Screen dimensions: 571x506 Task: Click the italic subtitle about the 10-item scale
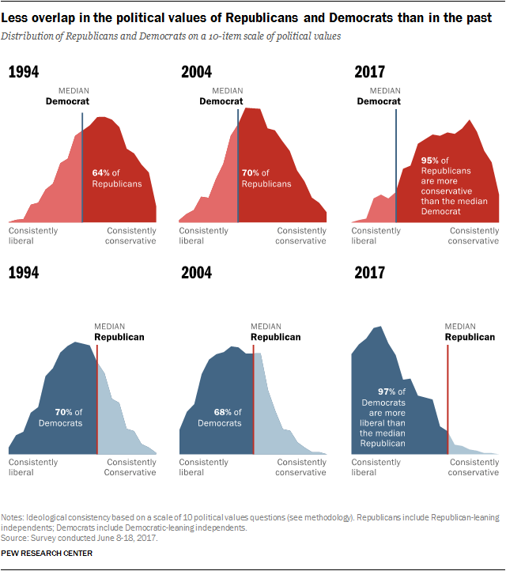point(174,36)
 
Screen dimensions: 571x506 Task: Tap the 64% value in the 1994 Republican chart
point(100,173)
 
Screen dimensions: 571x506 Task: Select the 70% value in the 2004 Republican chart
point(250,173)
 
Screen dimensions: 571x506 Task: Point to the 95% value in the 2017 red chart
point(430,160)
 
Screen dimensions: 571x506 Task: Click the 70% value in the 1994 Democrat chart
point(62,412)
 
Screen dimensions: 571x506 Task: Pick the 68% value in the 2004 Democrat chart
point(222,412)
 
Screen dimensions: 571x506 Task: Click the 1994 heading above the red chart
point(25,73)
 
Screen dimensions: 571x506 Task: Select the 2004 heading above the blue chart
point(197,273)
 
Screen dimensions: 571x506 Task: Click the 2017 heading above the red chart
point(369,73)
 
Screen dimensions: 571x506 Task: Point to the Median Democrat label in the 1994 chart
point(66,96)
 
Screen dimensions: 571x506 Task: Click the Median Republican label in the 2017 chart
point(470,331)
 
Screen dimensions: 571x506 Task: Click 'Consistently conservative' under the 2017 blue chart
point(474,467)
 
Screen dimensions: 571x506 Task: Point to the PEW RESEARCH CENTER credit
point(47,553)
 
